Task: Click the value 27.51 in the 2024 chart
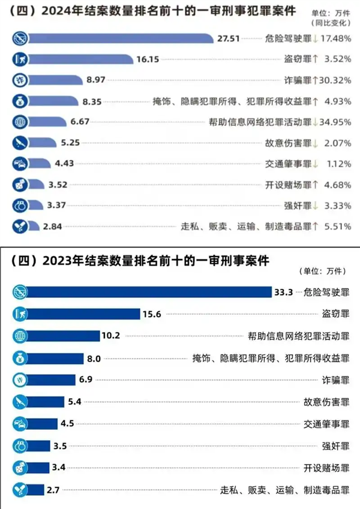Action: point(229,38)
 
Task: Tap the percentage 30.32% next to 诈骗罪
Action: point(337,80)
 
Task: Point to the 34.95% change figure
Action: point(337,122)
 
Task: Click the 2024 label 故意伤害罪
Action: point(287,143)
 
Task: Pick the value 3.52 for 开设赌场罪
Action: point(59,184)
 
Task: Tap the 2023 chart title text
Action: point(141,261)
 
